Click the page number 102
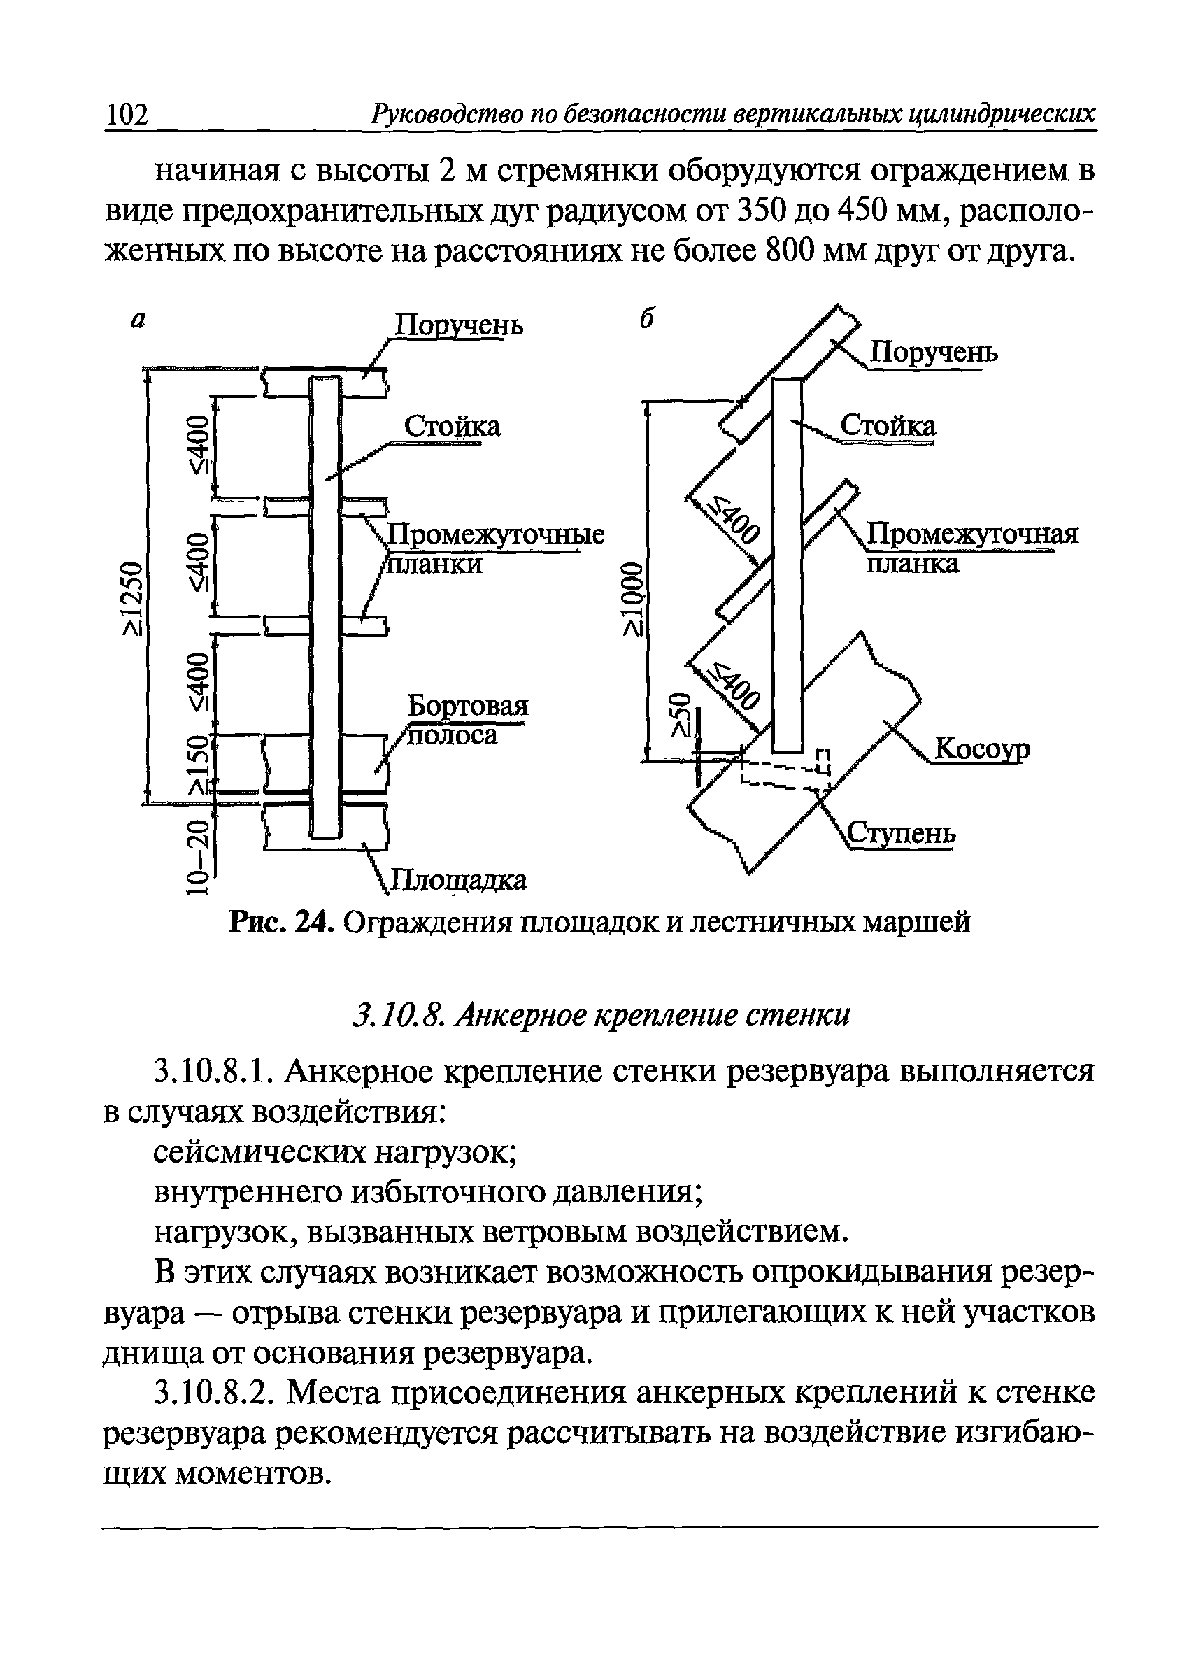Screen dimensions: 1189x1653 [127, 115]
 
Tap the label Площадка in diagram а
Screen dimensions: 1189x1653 [460, 880]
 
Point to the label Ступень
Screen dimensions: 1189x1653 [902, 833]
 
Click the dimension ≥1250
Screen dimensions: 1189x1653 [133, 597]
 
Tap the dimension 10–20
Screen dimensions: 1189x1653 [197, 857]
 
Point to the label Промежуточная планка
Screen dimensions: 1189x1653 [972, 548]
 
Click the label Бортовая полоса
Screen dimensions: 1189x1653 [467, 719]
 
